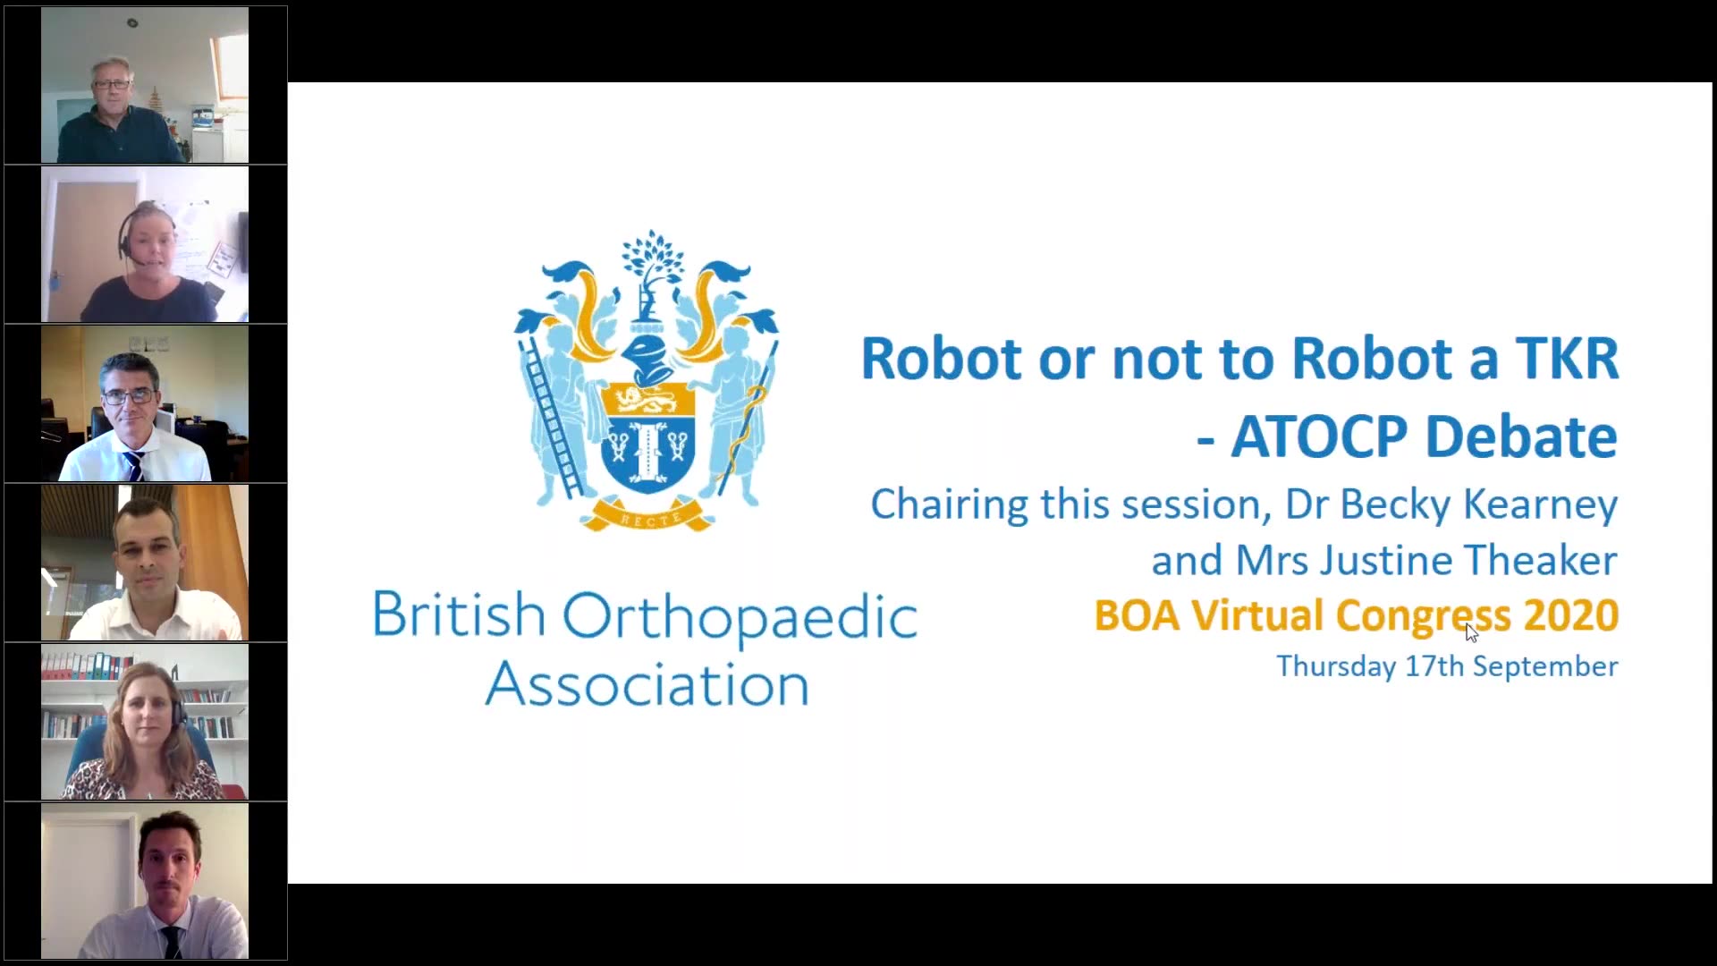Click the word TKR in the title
tap(1567, 359)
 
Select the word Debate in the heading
tap(1521, 436)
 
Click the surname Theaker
tap(1540, 560)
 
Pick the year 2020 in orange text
tap(1571, 615)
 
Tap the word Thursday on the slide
tap(1336, 666)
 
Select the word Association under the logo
tap(647, 685)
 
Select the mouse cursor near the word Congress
tap(1472, 632)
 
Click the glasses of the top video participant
tap(112, 84)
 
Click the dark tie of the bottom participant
tap(170, 942)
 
